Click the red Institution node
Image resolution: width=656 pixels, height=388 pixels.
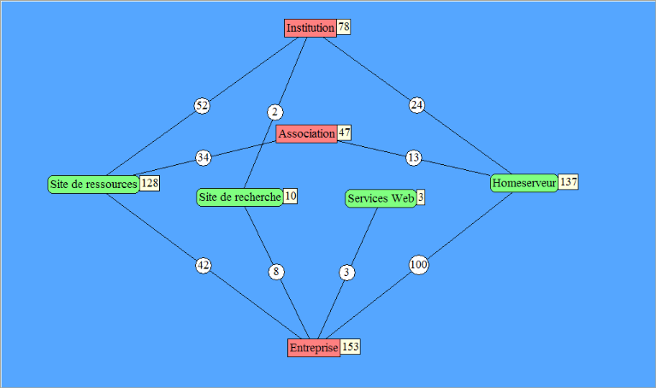(x=310, y=28)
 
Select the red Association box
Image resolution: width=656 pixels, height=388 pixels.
(x=306, y=134)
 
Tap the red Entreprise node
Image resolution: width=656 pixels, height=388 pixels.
(x=314, y=348)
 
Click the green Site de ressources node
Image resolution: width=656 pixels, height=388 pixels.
(x=93, y=185)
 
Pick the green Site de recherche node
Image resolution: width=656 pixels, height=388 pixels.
(x=239, y=197)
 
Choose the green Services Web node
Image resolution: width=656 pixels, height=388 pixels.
(x=381, y=198)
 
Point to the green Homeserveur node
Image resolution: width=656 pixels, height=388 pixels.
(x=524, y=183)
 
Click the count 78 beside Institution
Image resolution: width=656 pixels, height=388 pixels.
(x=344, y=27)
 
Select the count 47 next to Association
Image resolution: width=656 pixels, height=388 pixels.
(x=345, y=133)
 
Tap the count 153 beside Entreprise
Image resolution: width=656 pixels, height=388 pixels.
(x=351, y=347)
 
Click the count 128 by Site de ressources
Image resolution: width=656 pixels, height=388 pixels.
(x=150, y=184)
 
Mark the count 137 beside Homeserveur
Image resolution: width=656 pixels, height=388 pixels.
(x=569, y=182)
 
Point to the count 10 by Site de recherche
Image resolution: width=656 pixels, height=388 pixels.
(x=291, y=197)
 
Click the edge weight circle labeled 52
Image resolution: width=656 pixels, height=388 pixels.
(x=202, y=106)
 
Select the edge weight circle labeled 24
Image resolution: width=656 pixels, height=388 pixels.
(x=417, y=106)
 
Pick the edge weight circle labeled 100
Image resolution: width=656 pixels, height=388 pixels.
(x=418, y=266)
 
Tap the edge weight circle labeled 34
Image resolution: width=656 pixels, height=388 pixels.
(x=203, y=157)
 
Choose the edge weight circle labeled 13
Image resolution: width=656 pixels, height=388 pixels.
(x=414, y=157)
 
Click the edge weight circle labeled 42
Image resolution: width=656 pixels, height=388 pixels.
(x=203, y=266)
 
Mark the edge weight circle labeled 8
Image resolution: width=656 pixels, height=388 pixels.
(x=275, y=272)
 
